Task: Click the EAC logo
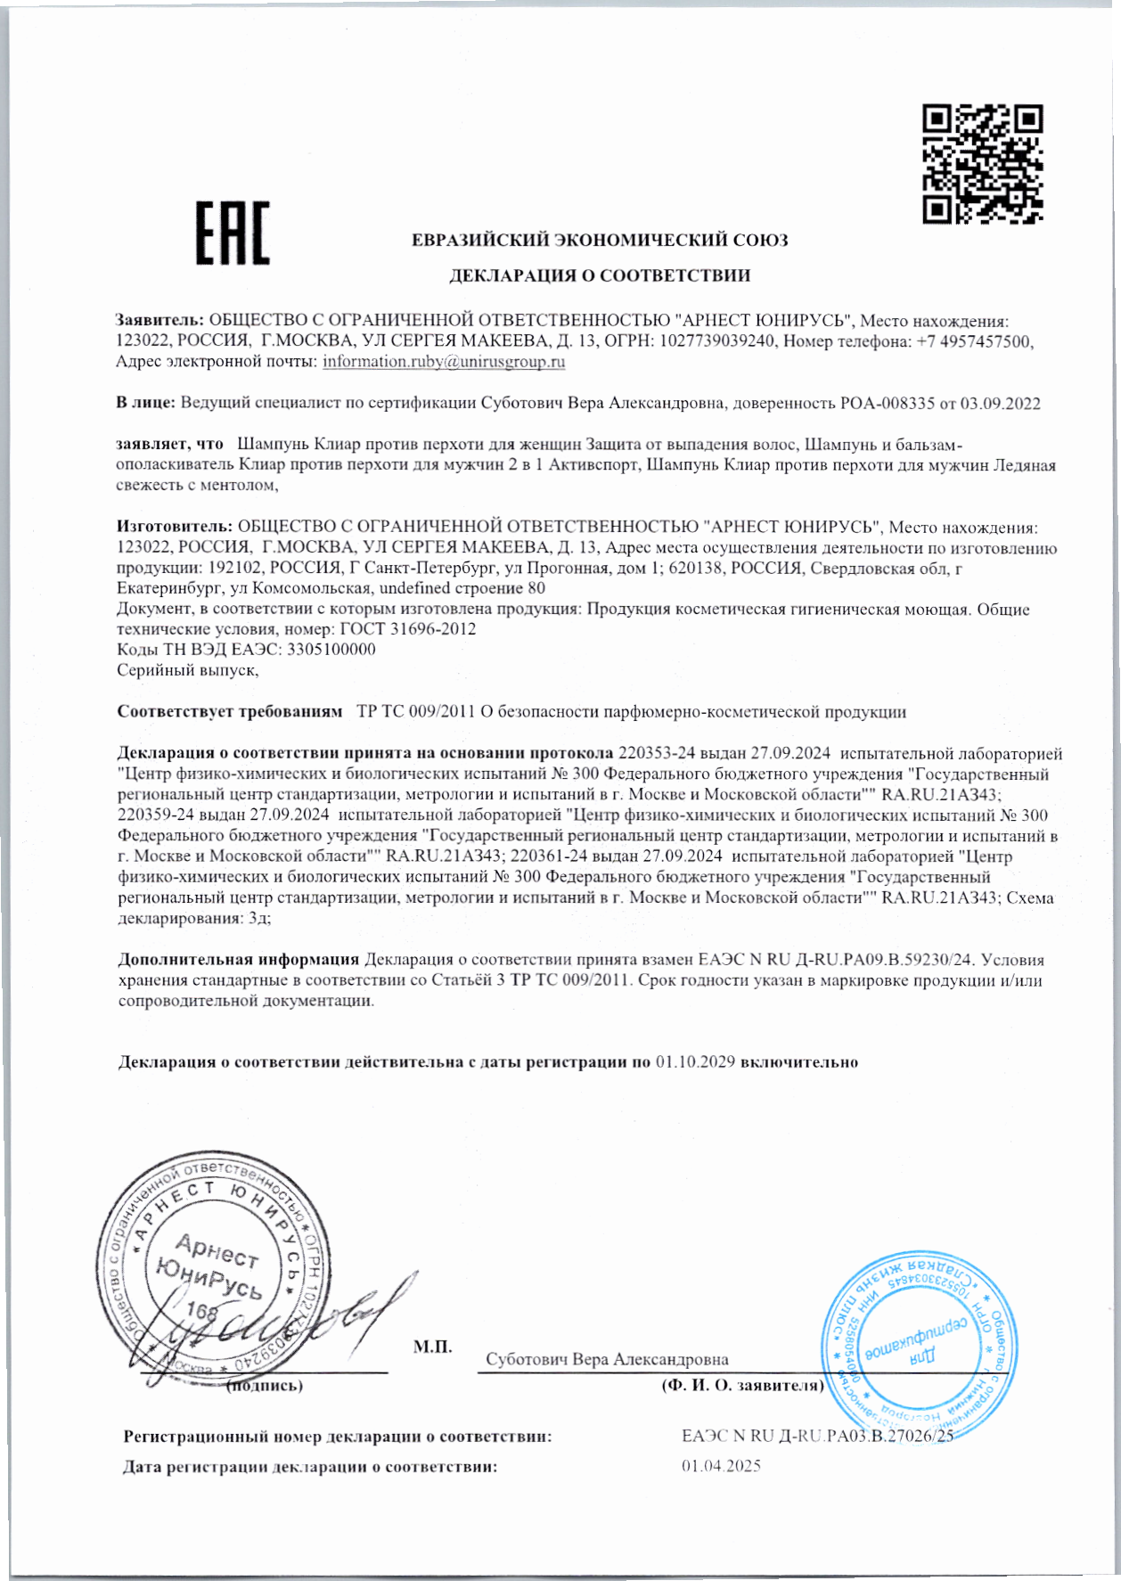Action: (x=233, y=233)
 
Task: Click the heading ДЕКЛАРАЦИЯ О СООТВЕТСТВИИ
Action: (x=599, y=275)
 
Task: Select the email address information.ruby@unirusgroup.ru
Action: (x=444, y=362)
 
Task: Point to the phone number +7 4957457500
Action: (x=974, y=341)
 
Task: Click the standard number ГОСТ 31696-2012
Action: (x=408, y=629)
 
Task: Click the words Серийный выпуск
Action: (x=187, y=670)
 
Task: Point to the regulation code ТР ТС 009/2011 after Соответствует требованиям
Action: (x=416, y=712)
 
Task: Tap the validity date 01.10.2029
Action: (x=695, y=1062)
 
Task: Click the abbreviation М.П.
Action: (x=432, y=1346)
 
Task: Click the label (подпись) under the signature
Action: (x=265, y=1386)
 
